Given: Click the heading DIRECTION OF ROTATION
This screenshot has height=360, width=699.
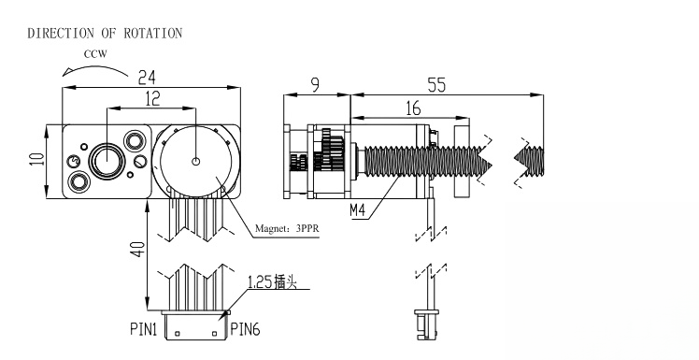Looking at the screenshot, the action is tap(105, 34).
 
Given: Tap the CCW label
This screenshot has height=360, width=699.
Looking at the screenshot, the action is tap(96, 54).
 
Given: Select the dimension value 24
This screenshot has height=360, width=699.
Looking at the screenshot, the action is tap(147, 78).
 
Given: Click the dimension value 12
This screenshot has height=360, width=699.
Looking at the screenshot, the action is tap(152, 98).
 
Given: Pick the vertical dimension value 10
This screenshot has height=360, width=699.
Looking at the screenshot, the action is tap(37, 160).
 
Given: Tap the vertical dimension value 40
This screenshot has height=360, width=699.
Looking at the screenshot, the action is tap(138, 250).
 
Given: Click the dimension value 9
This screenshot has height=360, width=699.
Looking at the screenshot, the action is tap(316, 85).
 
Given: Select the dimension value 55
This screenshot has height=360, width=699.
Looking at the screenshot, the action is tap(436, 85).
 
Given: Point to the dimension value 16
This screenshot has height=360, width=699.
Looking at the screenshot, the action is tap(413, 108).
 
